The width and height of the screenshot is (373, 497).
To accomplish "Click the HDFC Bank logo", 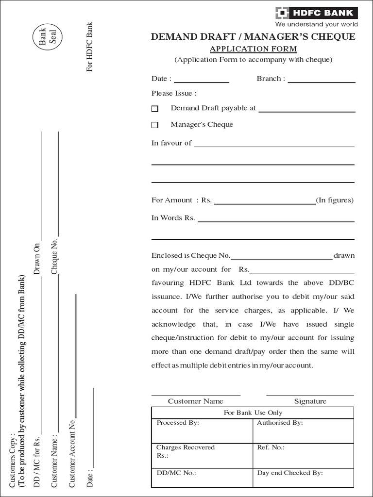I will (317, 13).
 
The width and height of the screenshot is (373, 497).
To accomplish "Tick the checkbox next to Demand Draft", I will (155, 109).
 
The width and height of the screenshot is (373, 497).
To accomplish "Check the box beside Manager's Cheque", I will (155, 125).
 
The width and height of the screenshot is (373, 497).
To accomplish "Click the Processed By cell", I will (202, 430).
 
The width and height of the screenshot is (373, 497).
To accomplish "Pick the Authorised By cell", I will (303, 430).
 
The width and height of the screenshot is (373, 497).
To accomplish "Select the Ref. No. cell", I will (303, 455).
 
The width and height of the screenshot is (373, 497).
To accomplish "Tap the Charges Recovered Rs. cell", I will (202, 455).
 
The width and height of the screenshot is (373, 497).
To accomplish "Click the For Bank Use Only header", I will (253, 413).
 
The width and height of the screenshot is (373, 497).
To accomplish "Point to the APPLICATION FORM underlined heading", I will (253, 49).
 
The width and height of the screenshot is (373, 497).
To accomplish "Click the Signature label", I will (310, 401).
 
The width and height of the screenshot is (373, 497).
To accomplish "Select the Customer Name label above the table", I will (195, 401).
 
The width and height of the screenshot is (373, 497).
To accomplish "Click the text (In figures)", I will (335, 200).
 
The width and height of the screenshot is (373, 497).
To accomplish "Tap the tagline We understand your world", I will (317, 24).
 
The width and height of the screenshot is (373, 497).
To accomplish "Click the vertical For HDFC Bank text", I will (89, 47).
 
